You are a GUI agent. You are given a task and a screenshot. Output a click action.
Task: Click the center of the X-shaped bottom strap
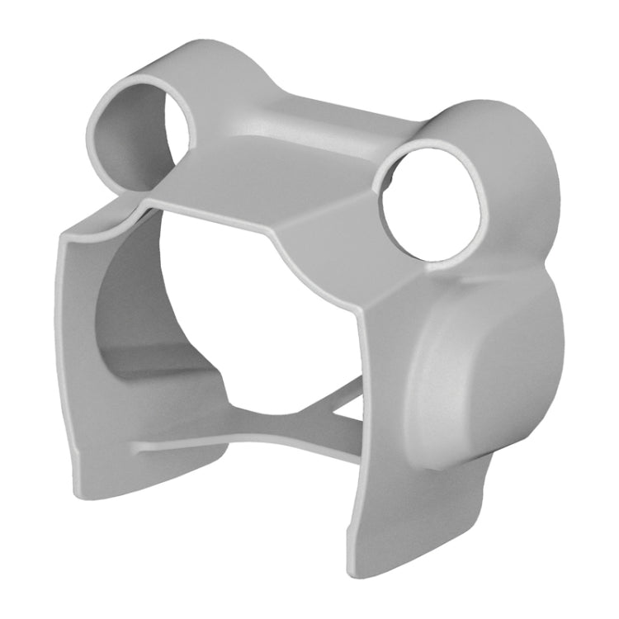coord(318,417)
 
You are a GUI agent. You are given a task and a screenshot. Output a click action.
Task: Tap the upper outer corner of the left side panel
coord(66,235)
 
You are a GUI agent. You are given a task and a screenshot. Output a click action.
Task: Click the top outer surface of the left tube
coord(165,83)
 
